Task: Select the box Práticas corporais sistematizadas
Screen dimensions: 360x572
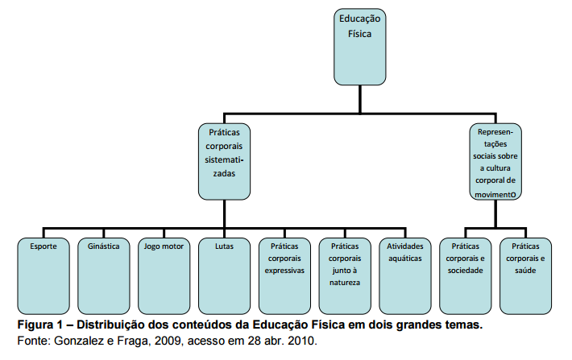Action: click(225, 160)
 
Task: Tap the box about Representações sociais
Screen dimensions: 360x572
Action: click(495, 160)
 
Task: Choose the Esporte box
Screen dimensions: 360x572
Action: click(44, 275)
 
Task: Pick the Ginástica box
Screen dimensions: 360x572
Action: click(104, 275)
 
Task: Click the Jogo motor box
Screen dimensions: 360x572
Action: click(164, 275)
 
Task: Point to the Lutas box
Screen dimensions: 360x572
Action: click(225, 275)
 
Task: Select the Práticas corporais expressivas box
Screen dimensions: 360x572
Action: click(284, 275)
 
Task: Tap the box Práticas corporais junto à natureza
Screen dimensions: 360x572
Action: click(345, 275)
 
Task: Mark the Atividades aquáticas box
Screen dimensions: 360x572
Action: click(405, 275)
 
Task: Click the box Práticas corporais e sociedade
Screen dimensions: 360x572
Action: click(466, 275)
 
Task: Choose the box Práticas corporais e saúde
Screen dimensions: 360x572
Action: click(526, 275)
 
